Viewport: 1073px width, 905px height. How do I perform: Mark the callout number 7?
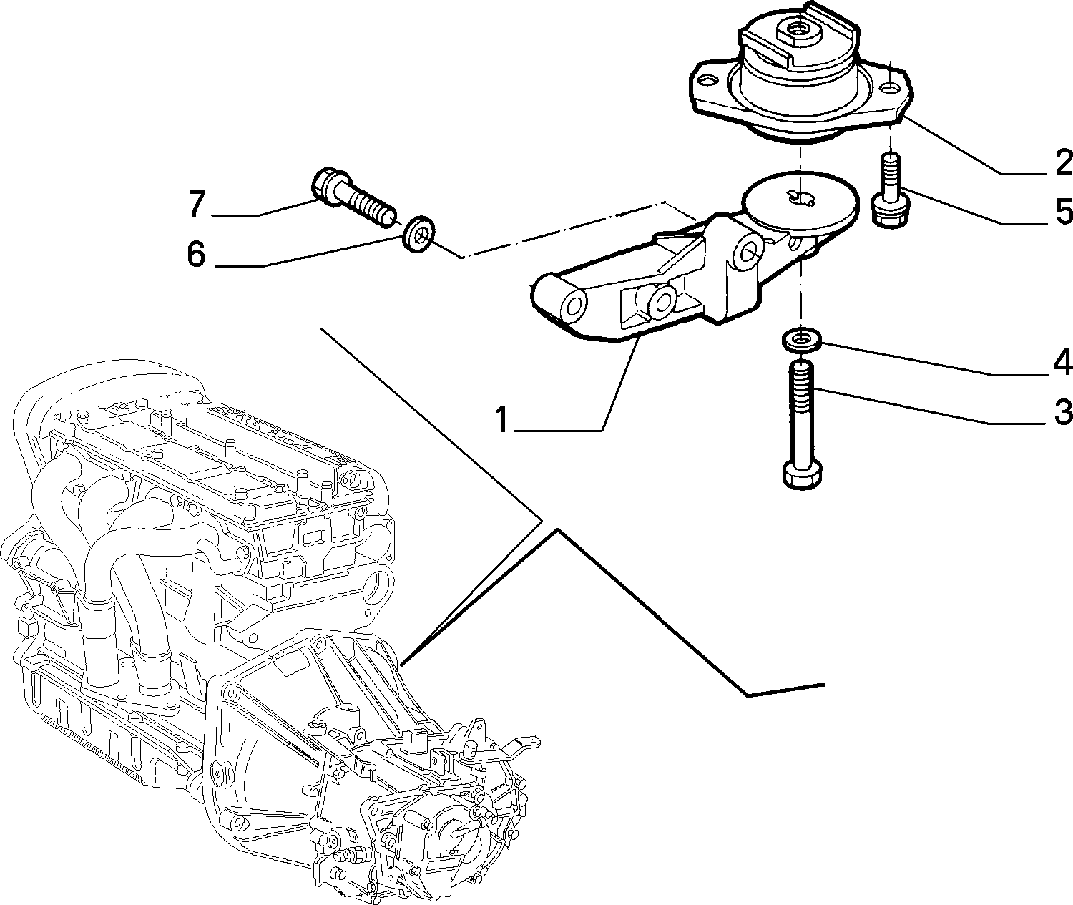tap(197, 203)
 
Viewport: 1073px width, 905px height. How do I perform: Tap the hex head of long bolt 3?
tap(801, 475)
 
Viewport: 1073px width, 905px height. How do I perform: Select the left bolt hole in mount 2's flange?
tap(709, 81)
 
